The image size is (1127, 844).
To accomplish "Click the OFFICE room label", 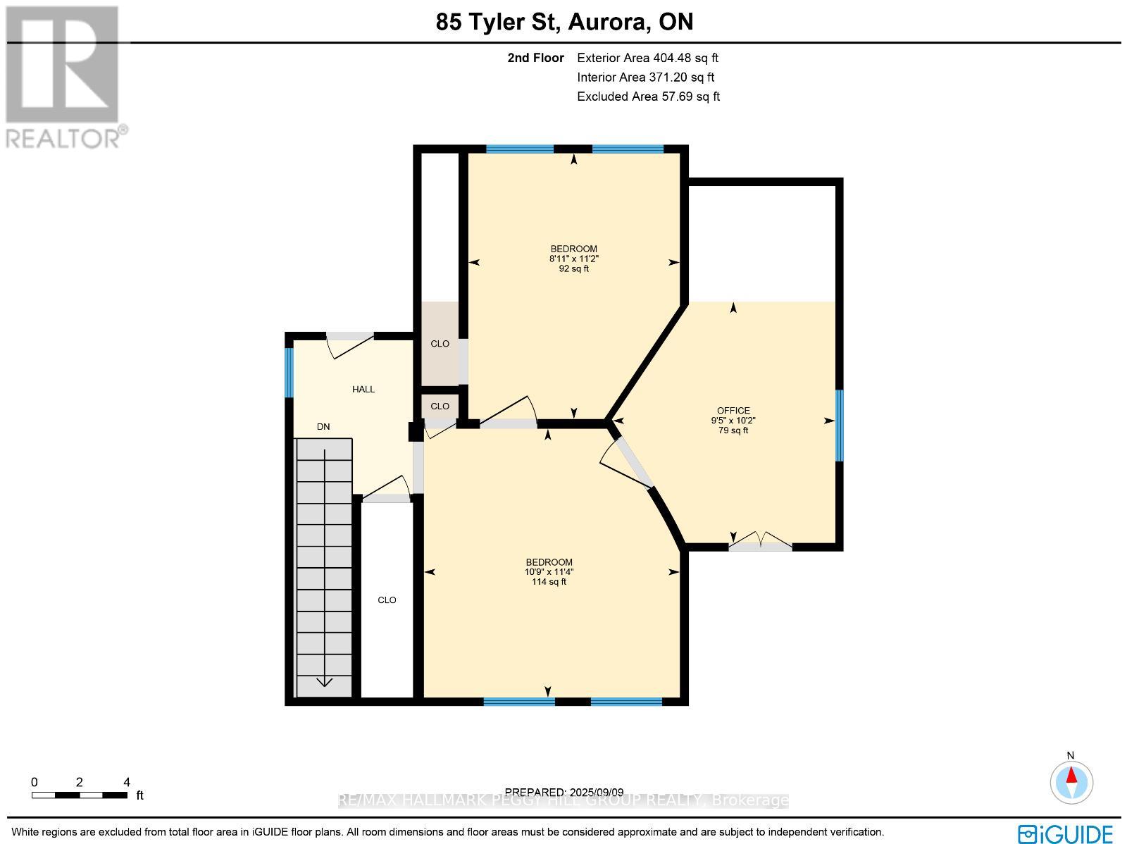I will [x=733, y=411].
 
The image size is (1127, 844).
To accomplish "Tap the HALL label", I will [x=363, y=389].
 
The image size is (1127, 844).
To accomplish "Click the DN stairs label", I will [x=323, y=427].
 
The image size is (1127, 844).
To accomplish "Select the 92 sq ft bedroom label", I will [x=573, y=259].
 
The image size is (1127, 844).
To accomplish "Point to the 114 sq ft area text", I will [x=549, y=582].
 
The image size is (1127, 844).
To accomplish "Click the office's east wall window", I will [x=838, y=426].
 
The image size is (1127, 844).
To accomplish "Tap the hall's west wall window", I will [x=288, y=373].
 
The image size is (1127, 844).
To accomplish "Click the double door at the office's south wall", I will [x=760, y=542].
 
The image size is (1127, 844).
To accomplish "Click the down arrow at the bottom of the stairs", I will [x=324, y=681].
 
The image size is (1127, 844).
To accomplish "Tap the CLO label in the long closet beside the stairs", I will [x=387, y=600].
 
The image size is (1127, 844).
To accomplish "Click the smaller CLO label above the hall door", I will [x=440, y=407].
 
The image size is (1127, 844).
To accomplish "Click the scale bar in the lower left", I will [x=79, y=795].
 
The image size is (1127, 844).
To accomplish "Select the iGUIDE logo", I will [x=1066, y=833].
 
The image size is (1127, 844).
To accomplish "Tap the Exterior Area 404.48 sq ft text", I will [x=647, y=58].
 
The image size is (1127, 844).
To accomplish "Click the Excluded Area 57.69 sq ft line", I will [x=648, y=97].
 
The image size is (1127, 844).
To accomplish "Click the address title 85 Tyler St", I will [x=564, y=22].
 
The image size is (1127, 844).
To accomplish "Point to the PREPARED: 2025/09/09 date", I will [x=564, y=793].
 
